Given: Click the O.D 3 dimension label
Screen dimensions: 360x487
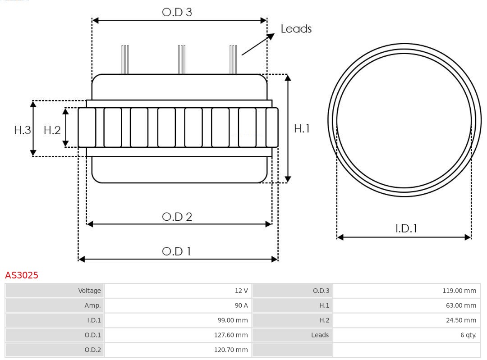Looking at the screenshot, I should point(177,12).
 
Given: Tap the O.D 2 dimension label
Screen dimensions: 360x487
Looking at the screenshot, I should point(177,217).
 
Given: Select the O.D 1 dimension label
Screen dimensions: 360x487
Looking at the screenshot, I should point(176,251).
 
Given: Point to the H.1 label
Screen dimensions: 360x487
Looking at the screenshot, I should point(302,128).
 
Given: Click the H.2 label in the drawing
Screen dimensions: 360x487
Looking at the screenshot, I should point(52,130).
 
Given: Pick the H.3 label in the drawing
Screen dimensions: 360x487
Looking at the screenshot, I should point(22,130).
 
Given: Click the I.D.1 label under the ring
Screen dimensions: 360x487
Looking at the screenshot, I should point(406,228).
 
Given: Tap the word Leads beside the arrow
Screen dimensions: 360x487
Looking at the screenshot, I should point(296,29).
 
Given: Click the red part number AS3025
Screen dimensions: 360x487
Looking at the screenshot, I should point(22,275).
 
